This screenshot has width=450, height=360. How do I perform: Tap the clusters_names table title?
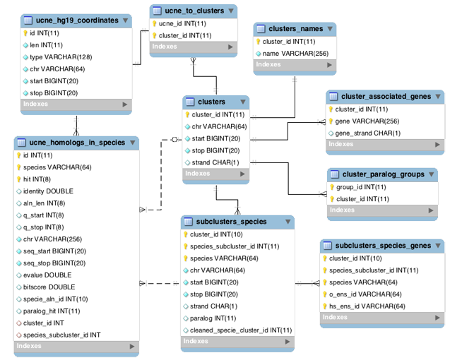[x=296, y=29]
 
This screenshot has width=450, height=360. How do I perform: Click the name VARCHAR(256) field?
[x=294, y=53]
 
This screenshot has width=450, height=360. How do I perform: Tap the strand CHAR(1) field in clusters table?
[x=215, y=162]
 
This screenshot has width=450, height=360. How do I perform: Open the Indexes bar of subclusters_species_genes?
[x=382, y=318]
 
